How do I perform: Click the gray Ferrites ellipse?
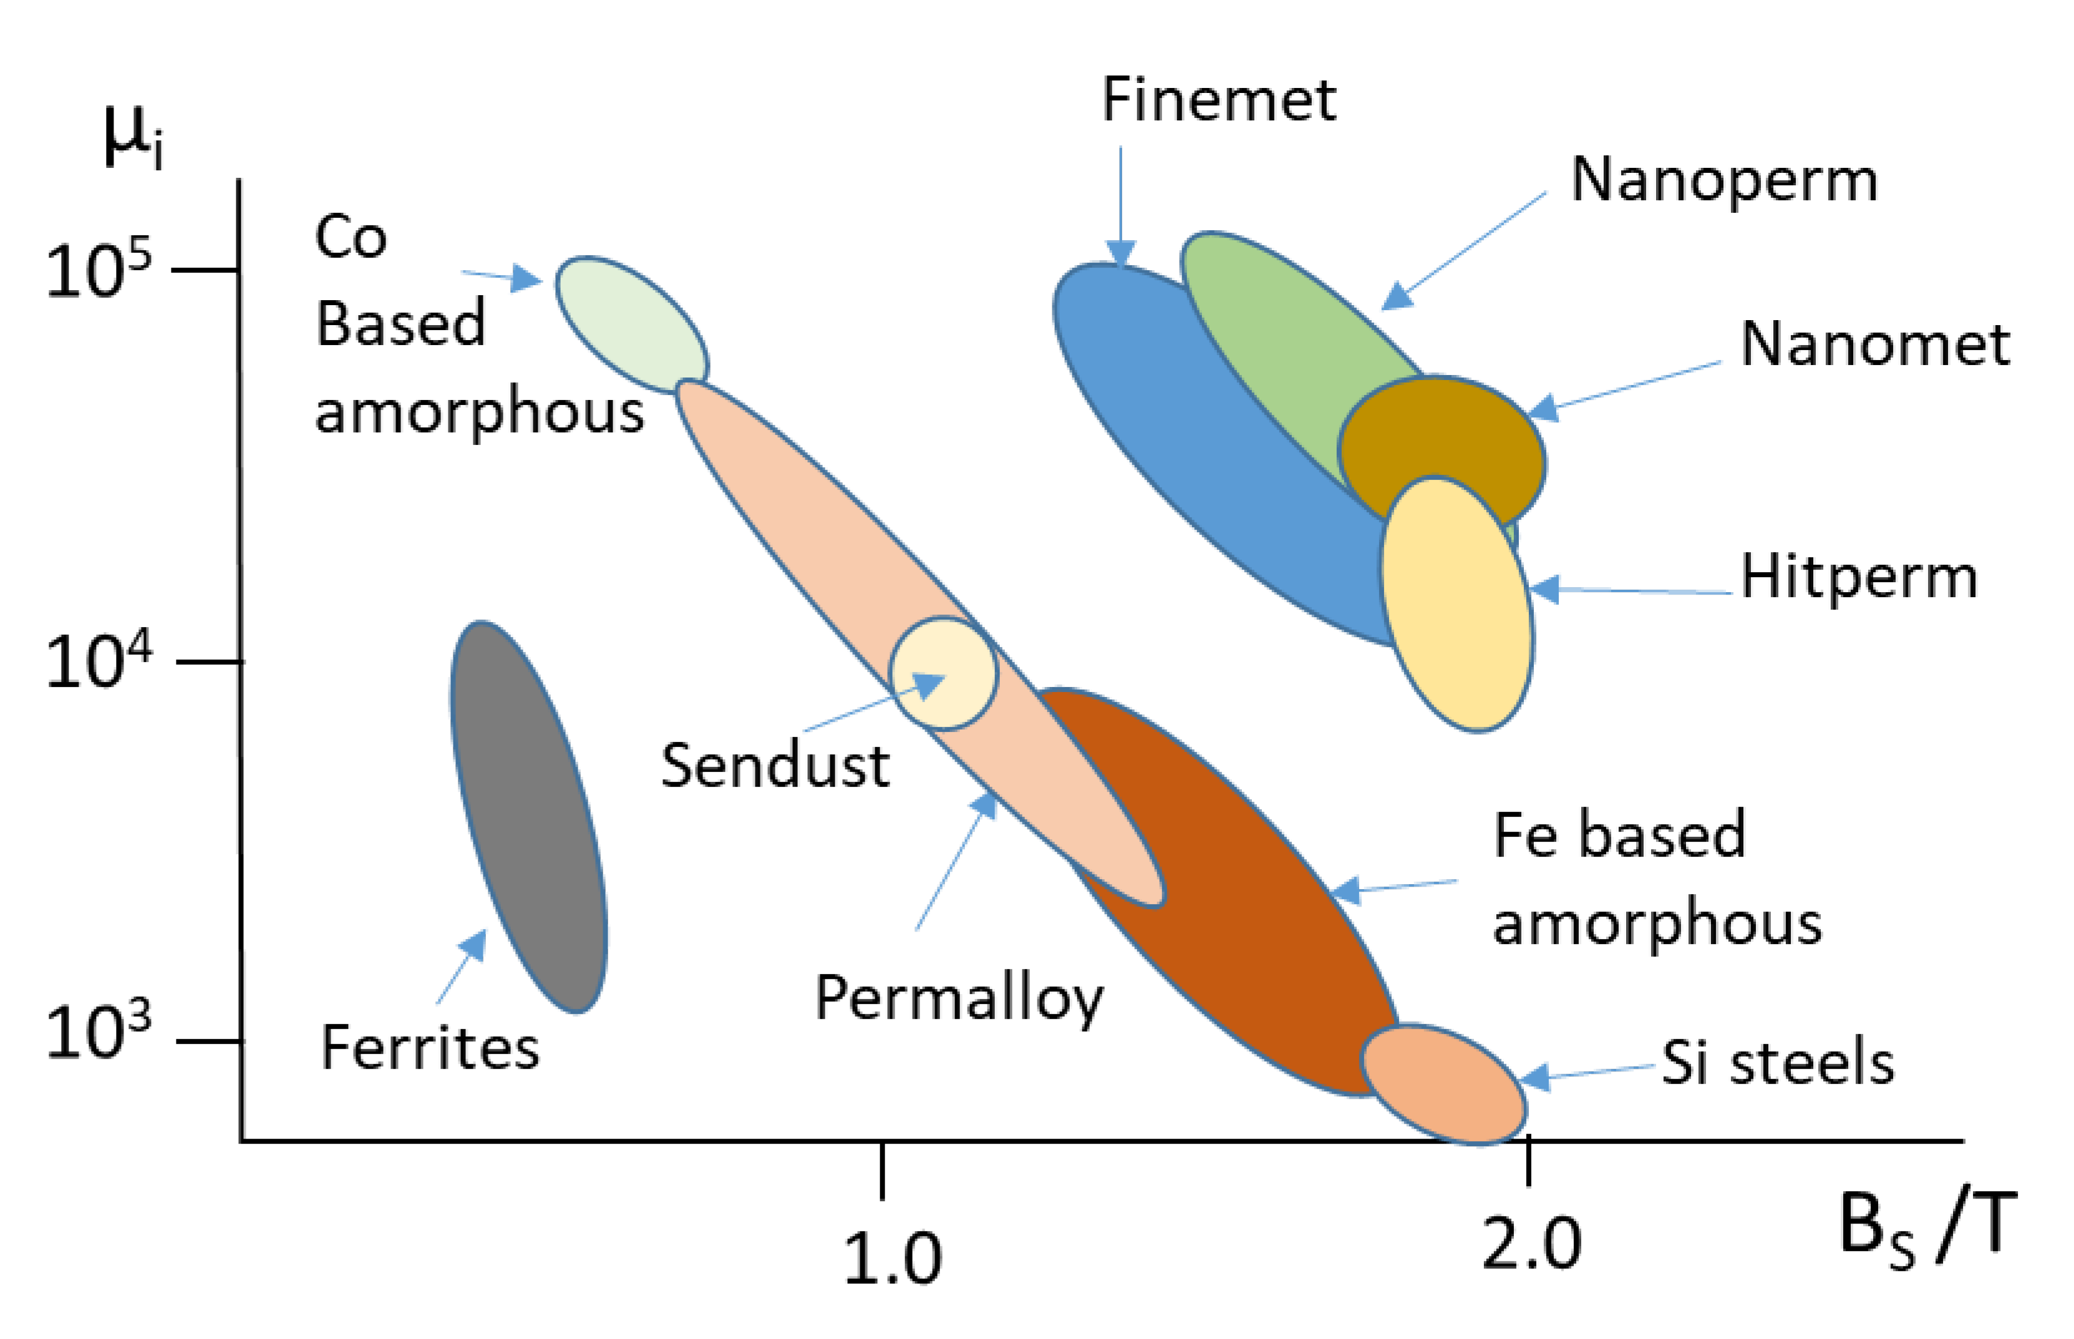click(x=528, y=817)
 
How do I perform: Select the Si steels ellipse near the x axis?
click(x=1443, y=1083)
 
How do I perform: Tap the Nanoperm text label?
click(x=1723, y=181)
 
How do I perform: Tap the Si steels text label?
click(x=1778, y=1063)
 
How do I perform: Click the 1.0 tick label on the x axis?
click(x=893, y=1258)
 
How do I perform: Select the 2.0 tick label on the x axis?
click(x=1531, y=1244)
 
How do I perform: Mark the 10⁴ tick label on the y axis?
click(x=97, y=661)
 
